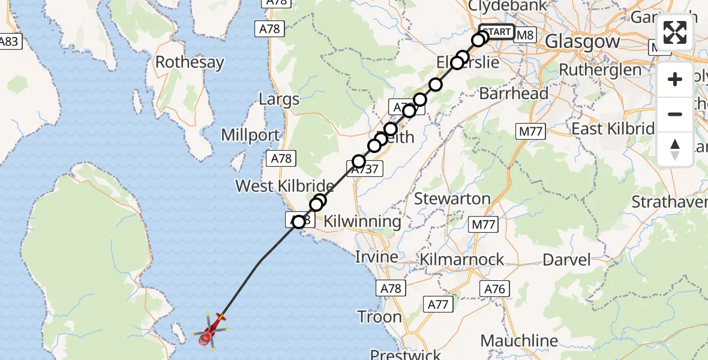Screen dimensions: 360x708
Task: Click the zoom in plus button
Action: pyautogui.click(x=675, y=79)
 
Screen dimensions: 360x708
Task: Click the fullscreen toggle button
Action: pyautogui.click(x=675, y=32)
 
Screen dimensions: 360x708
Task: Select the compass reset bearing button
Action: pyautogui.click(x=675, y=149)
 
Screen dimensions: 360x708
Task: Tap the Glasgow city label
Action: pyautogui.click(x=583, y=42)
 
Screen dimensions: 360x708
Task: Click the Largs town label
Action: pyautogui.click(x=279, y=99)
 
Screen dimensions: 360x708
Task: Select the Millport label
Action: pyautogui.click(x=250, y=135)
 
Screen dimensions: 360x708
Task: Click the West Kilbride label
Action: pyautogui.click(x=284, y=186)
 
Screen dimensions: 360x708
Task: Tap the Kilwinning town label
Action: pyautogui.click(x=362, y=221)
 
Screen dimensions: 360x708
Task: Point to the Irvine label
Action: pyautogui.click(x=376, y=257)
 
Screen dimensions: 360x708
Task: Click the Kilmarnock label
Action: pyautogui.click(x=461, y=260)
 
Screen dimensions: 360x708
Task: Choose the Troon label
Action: pyautogui.click(x=380, y=316)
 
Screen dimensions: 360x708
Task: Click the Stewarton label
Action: pyautogui.click(x=452, y=199)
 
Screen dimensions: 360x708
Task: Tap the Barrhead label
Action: pyautogui.click(x=514, y=94)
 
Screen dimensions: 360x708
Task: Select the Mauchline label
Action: pyautogui.click(x=519, y=341)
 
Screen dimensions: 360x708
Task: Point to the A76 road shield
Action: pyautogui.click(x=495, y=289)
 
